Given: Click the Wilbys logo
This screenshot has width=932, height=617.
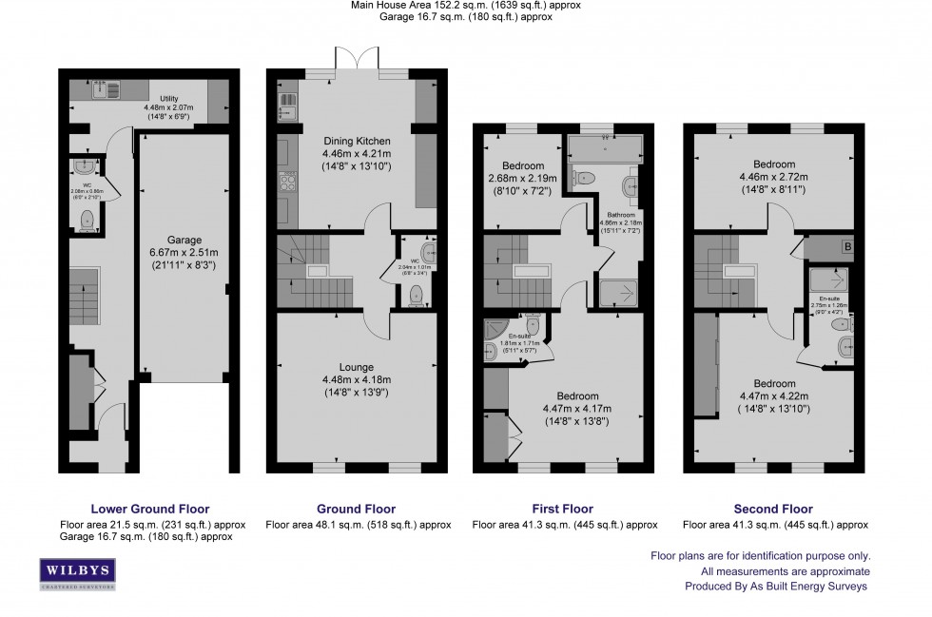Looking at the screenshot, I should tap(77, 573).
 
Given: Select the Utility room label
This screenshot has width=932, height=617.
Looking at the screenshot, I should tap(168, 98).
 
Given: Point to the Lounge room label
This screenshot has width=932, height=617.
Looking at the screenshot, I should tap(357, 367).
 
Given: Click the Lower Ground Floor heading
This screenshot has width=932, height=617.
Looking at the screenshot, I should tap(149, 509).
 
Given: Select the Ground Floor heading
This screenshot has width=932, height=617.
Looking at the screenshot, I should tap(357, 509).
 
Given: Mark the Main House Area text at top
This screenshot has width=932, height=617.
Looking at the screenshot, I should tap(465, 6).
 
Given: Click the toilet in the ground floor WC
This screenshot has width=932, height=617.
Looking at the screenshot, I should tap(415, 297).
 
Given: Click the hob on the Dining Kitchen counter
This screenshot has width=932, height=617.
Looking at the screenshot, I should tap(285, 182).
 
